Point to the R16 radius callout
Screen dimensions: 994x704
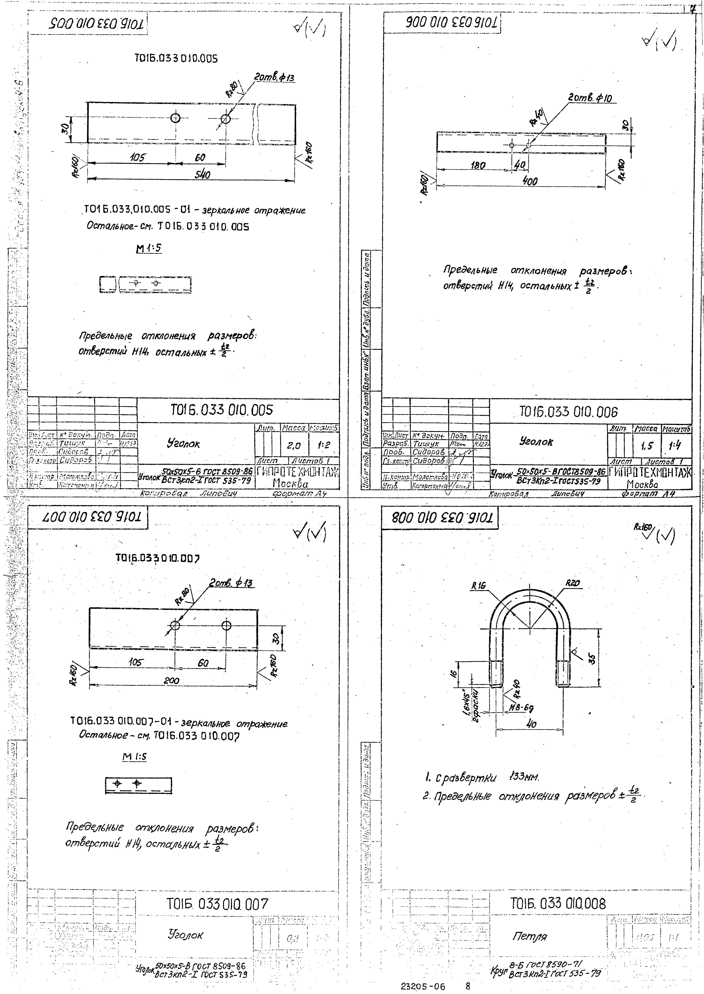(479, 586)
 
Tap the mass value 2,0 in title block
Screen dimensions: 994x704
(294, 445)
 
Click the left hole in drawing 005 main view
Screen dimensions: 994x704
(176, 118)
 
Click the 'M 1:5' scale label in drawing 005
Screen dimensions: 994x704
(149, 248)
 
